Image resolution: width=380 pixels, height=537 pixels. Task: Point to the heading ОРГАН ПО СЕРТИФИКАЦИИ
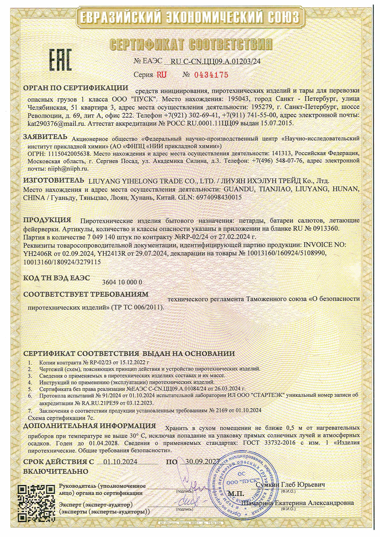(76, 88)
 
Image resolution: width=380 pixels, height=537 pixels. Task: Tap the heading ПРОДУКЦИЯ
(47, 220)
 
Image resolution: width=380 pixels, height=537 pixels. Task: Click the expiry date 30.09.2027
(203, 462)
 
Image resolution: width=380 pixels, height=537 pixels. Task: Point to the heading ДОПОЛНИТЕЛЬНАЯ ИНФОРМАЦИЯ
(89, 426)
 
